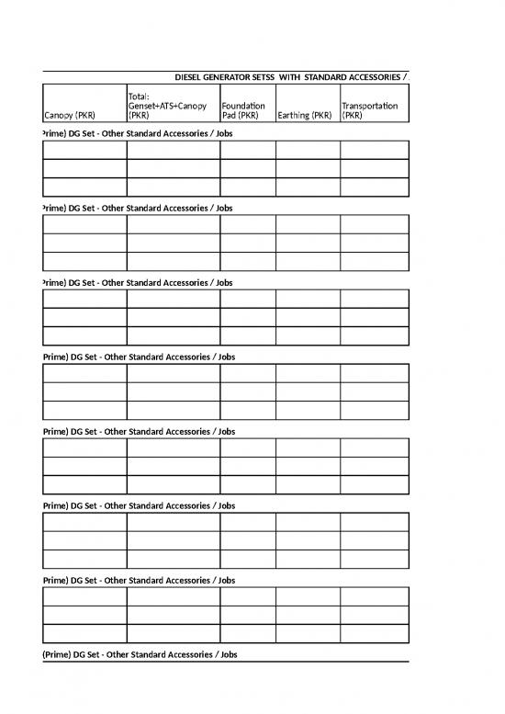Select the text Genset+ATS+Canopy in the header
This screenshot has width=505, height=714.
click(168, 107)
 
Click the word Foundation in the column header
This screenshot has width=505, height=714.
click(243, 107)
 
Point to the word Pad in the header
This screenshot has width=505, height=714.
click(230, 117)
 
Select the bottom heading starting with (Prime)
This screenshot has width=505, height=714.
click(140, 654)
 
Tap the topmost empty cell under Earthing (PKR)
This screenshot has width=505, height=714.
click(308, 151)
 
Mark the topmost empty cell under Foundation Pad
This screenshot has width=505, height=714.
click(248, 151)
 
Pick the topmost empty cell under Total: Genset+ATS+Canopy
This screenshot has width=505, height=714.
click(174, 151)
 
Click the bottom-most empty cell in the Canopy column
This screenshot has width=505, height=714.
click(84, 633)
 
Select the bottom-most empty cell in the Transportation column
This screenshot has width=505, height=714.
click(375, 633)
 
